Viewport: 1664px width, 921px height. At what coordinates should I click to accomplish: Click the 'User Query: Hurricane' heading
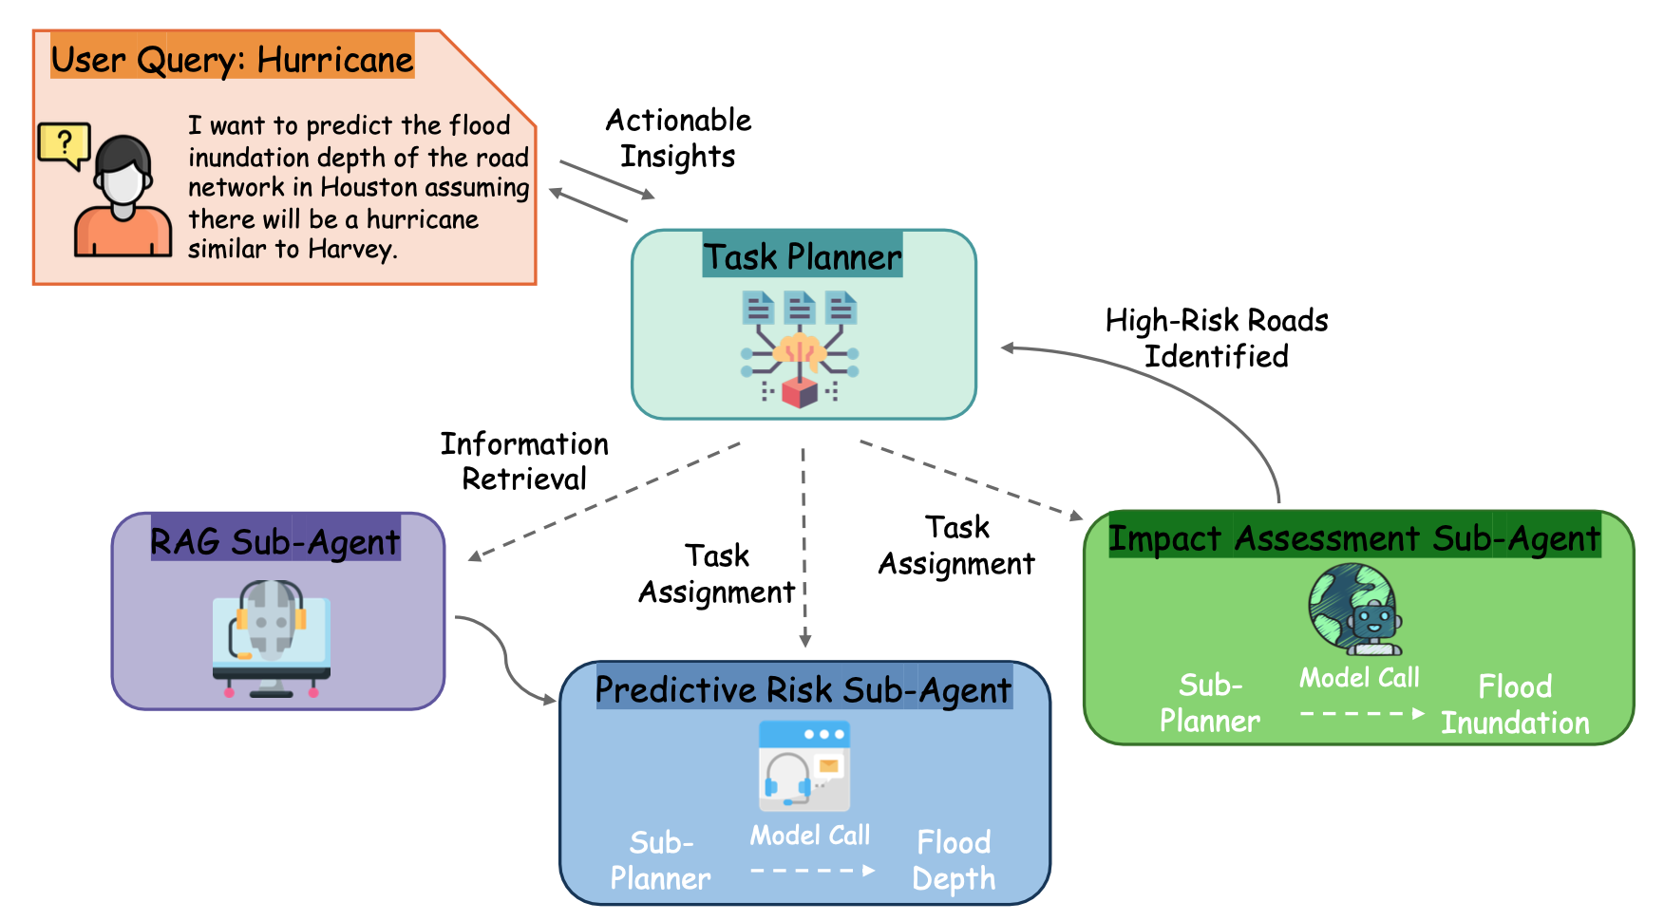(232, 59)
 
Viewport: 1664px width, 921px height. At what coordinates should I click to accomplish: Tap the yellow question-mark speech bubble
(64, 145)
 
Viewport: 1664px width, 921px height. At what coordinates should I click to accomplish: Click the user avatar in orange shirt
(123, 199)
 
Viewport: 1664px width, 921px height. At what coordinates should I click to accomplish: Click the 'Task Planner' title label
(803, 256)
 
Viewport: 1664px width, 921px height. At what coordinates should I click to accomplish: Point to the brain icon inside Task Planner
(800, 350)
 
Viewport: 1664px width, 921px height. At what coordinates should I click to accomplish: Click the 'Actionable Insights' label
(678, 138)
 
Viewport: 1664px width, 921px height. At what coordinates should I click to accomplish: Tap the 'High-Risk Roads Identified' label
(1216, 338)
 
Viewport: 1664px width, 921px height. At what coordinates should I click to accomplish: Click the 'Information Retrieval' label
(524, 460)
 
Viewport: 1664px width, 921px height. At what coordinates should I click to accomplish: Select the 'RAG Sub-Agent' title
(275, 541)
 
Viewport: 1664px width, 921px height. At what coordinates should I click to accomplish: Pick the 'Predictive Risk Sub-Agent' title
(803, 689)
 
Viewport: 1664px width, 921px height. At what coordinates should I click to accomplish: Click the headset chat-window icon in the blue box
(804, 764)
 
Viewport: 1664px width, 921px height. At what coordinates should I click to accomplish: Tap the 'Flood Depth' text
(954, 859)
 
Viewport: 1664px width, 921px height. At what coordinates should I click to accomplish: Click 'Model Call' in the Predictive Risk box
(810, 835)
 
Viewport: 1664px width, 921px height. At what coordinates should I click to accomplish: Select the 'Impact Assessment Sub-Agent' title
(1354, 537)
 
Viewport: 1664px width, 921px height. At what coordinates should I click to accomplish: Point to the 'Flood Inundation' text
(1515, 705)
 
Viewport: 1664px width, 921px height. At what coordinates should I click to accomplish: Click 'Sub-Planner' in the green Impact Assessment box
(1210, 703)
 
